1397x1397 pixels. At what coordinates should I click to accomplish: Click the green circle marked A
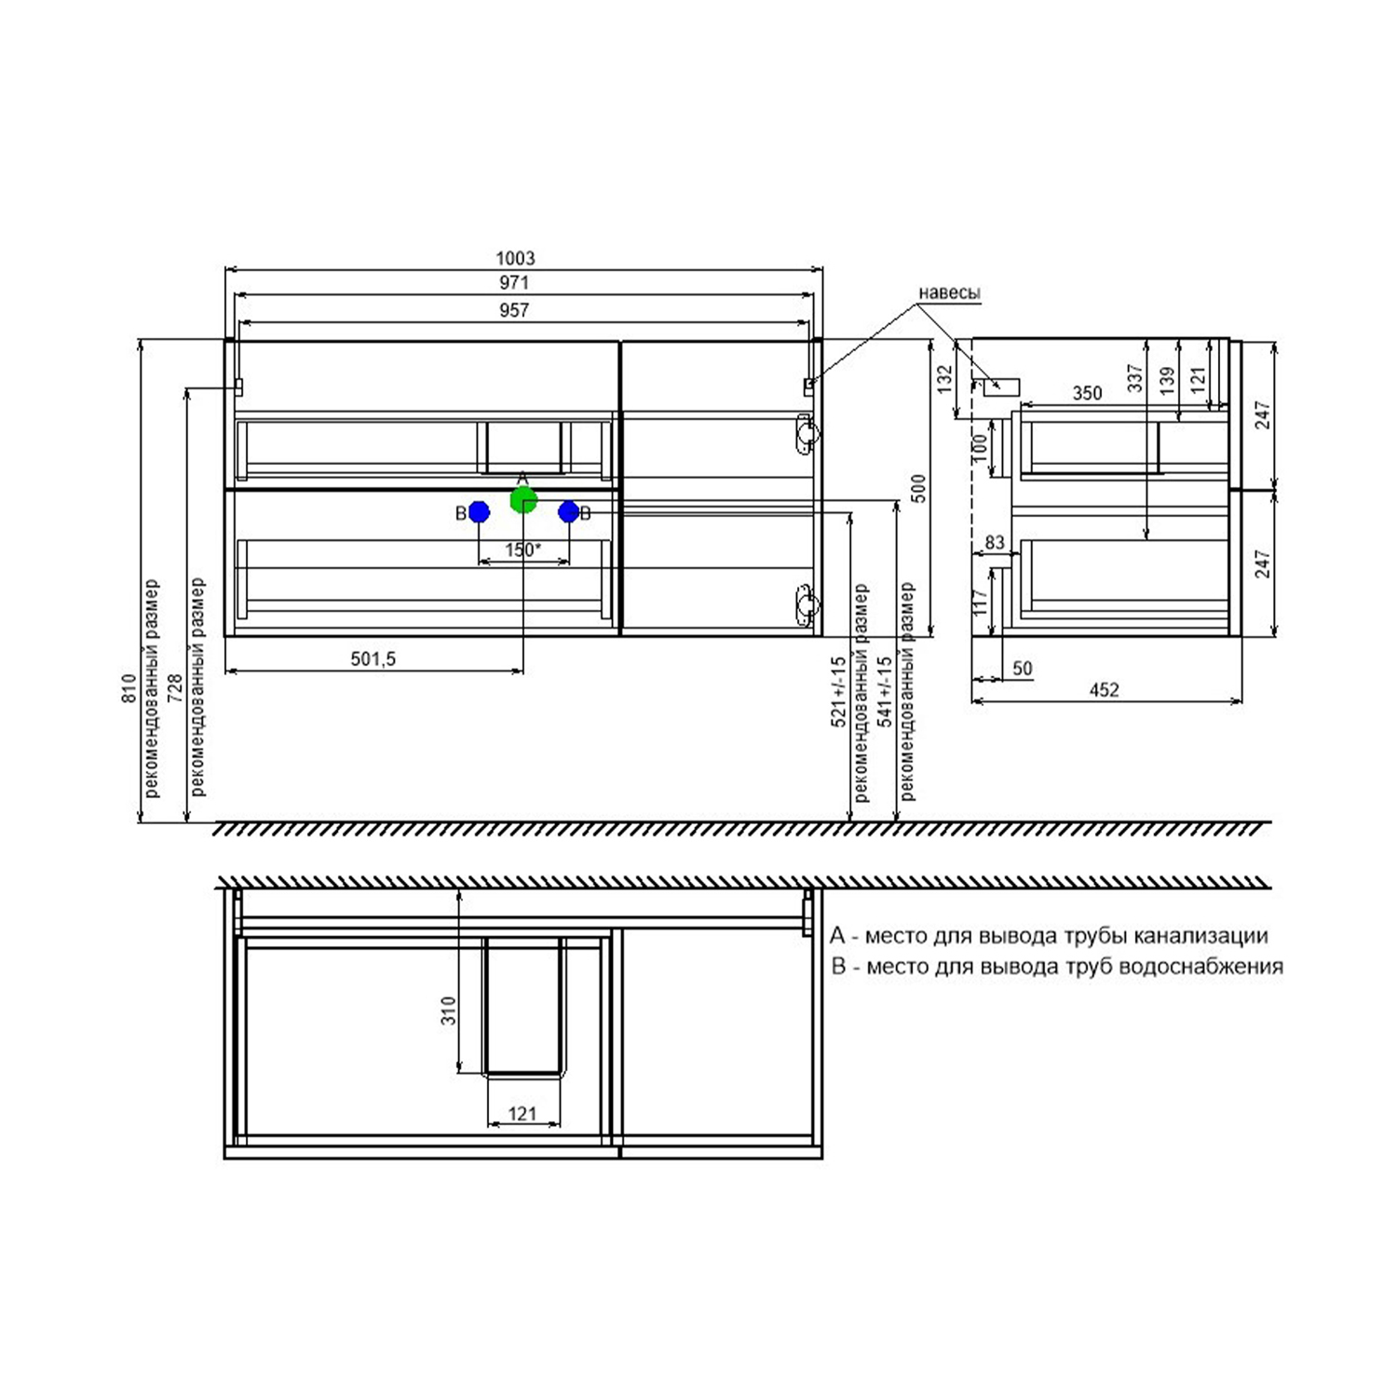coord(523,500)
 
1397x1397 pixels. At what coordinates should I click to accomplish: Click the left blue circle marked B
coord(480,511)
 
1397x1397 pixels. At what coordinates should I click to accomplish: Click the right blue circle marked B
coord(568,511)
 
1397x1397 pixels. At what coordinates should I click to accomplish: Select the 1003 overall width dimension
coord(515,258)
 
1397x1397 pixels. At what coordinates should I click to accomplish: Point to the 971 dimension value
coord(514,282)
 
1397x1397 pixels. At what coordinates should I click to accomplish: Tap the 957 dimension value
coord(514,310)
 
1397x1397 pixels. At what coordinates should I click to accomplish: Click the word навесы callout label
coord(949,292)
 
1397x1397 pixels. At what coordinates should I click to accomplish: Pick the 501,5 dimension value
coord(373,658)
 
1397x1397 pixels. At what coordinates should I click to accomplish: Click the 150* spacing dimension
coord(523,549)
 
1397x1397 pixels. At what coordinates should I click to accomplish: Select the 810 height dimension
coord(129,687)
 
